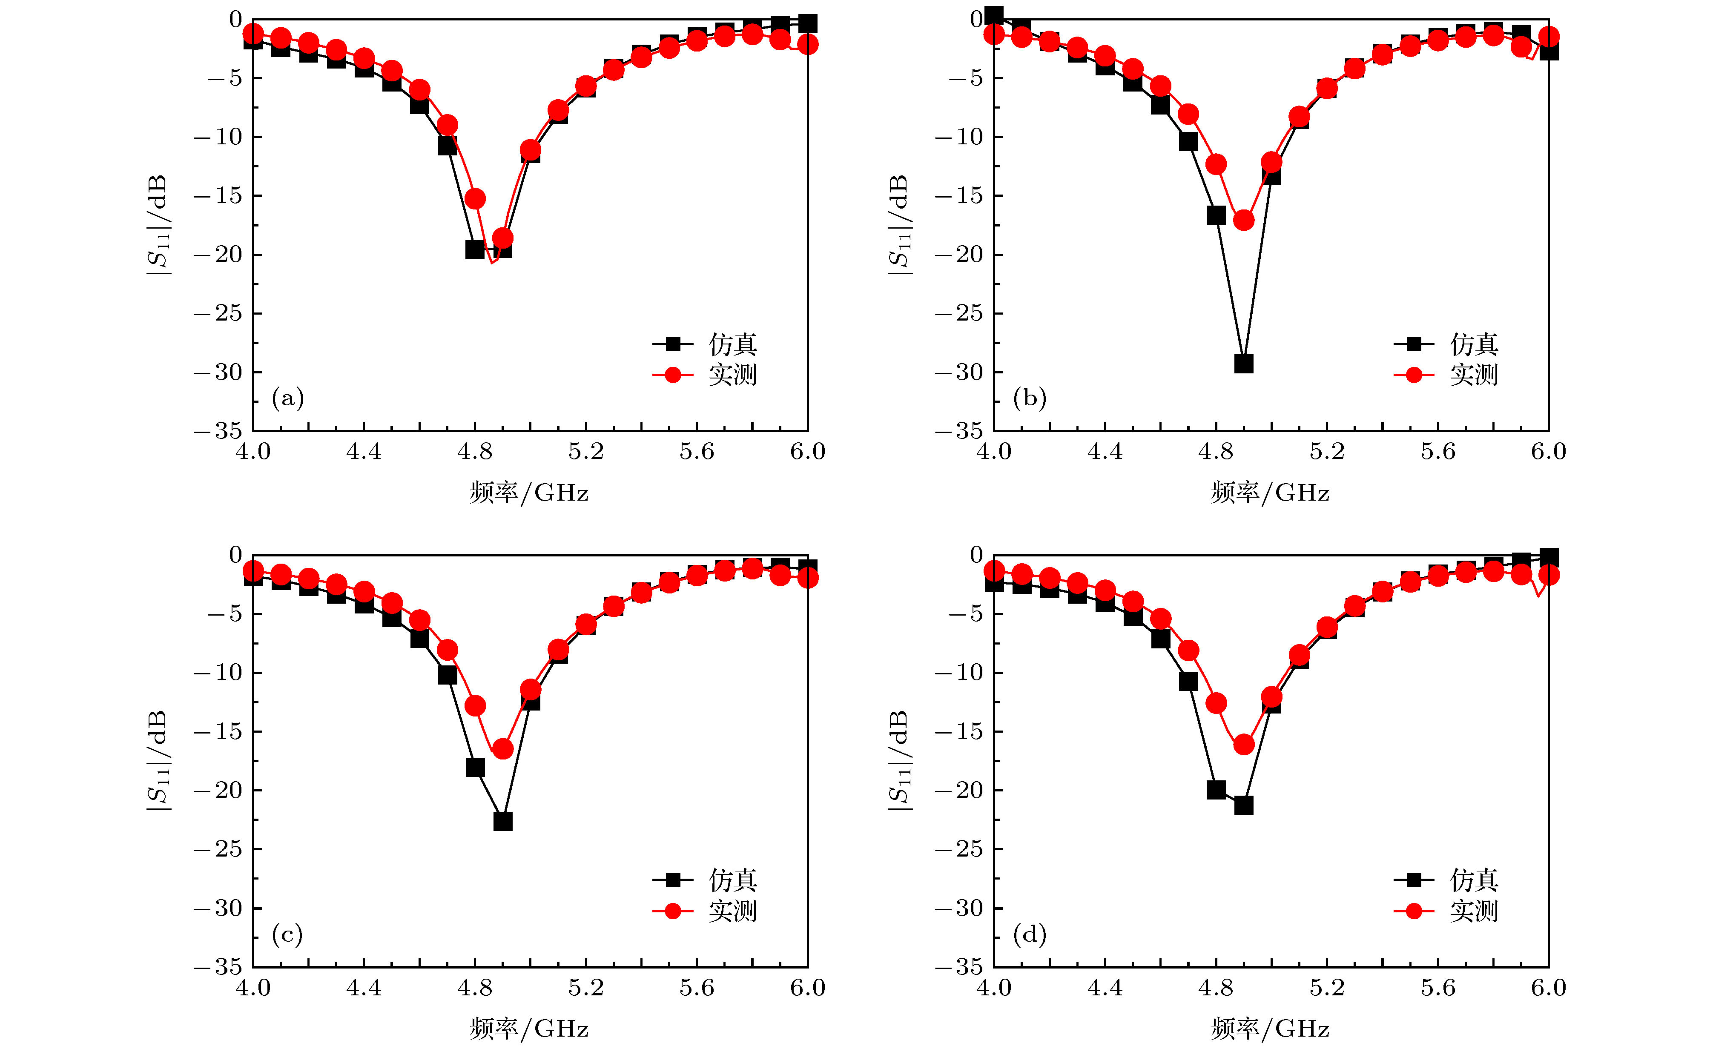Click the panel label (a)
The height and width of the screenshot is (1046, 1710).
288,398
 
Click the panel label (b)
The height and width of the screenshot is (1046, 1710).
1029,398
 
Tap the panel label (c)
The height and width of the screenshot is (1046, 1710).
288,934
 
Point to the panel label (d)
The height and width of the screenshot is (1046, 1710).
1029,934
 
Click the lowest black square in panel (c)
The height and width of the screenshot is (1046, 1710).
502,821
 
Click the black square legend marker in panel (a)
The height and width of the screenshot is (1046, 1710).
672,344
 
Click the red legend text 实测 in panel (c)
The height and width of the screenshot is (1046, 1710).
733,911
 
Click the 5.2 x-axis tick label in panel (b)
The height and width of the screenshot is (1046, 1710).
1327,452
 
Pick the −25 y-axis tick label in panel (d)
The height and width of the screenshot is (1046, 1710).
959,849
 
